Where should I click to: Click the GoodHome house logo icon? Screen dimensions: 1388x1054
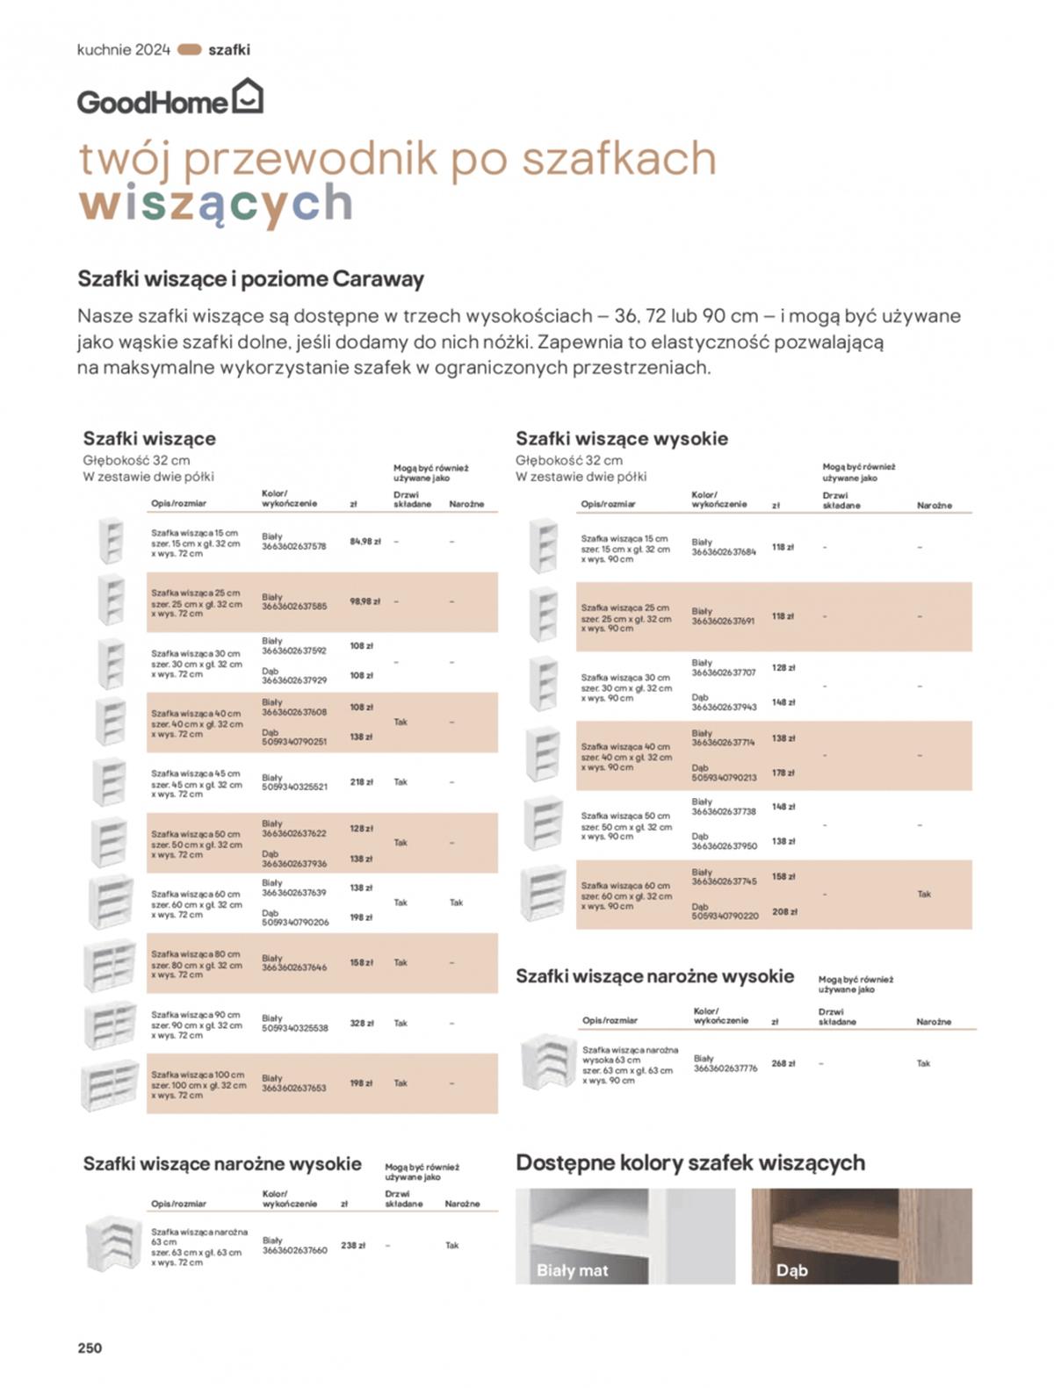(247, 96)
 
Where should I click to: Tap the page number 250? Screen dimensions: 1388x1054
(90, 1348)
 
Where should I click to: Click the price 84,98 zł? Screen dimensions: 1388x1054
(365, 542)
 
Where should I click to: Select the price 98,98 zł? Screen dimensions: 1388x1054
(365, 601)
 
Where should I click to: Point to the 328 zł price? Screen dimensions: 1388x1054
(362, 1023)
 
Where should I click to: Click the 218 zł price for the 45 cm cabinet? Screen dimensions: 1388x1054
(362, 781)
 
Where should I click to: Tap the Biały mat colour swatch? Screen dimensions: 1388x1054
(624, 1236)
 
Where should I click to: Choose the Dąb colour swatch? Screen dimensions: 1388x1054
(861, 1236)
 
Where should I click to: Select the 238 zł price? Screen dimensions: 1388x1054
(353, 1245)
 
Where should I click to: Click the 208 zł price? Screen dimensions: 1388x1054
(784, 911)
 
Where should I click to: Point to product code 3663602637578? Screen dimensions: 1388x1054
(293, 546)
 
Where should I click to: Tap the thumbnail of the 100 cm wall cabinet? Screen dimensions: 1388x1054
(110, 1084)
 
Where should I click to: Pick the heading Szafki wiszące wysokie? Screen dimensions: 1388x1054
(621, 438)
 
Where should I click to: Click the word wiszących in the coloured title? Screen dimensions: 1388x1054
(215, 204)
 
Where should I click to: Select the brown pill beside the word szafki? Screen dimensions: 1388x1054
(190, 50)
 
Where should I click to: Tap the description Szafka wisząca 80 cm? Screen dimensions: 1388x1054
(195, 954)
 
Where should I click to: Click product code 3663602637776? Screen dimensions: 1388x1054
(726, 1068)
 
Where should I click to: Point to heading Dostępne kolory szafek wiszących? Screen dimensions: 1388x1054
(689, 1162)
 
